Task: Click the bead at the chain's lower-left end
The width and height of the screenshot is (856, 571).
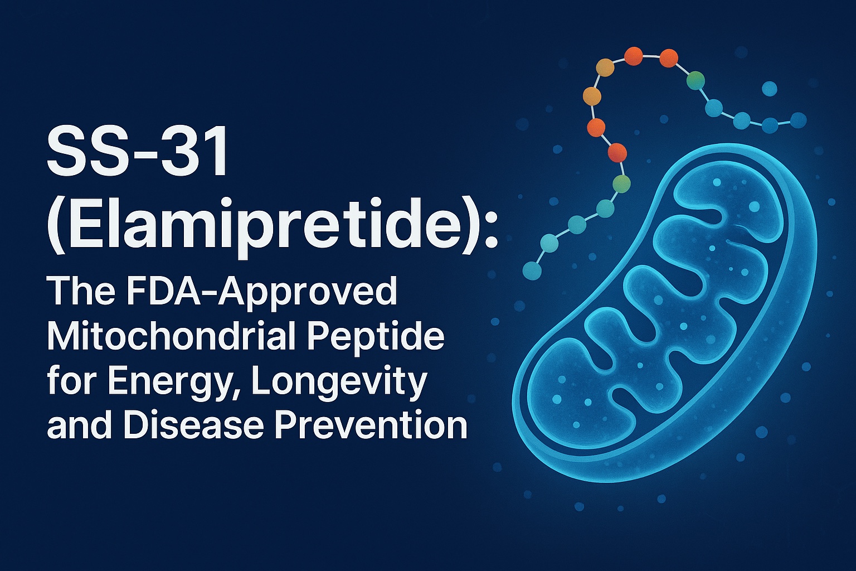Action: pos(532,271)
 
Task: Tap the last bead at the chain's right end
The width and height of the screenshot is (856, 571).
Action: pos(799,120)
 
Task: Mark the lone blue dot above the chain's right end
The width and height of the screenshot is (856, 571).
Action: pos(769,89)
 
